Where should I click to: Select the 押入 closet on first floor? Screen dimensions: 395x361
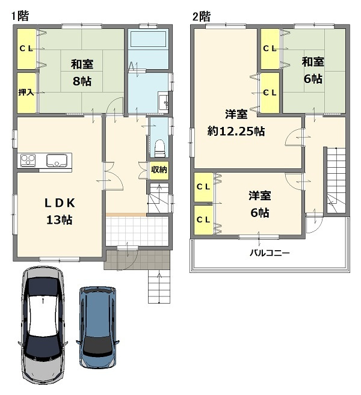pos(25,93)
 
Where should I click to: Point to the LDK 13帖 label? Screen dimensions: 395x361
pos(59,210)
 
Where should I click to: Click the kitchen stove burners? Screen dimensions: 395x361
pos(29,160)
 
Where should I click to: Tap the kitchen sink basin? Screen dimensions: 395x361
pos(57,161)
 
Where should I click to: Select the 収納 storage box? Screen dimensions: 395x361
pos(159,170)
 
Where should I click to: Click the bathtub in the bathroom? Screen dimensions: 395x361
pos(148,41)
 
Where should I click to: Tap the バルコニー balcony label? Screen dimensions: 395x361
pos(270,253)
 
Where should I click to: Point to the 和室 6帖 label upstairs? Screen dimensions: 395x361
pos(312,70)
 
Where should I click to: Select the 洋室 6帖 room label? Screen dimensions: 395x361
pos(259,204)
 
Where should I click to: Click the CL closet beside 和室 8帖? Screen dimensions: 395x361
pos(25,49)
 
